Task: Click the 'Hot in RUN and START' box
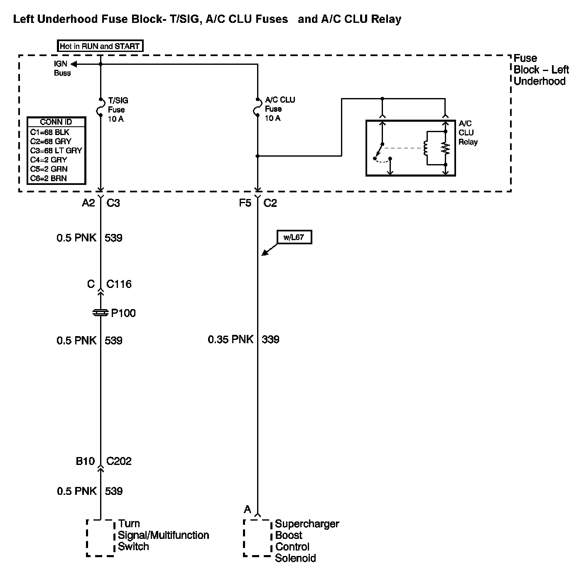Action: coord(100,46)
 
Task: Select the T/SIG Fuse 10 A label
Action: coord(118,110)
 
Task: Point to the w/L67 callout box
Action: coord(294,238)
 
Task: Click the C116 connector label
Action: coord(119,284)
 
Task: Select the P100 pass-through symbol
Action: coord(101,313)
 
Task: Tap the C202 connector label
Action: coord(119,461)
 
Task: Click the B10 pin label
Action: coord(85,461)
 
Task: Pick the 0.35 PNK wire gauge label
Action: coord(231,339)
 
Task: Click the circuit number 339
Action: coord(271,339)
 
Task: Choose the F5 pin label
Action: coord(245,203)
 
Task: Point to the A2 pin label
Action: coord(88,203)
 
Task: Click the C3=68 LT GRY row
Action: coord(56,150)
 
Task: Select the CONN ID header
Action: coord(56,122)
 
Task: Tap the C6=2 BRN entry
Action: coord(49,178)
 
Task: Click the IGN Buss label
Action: coord(62,69)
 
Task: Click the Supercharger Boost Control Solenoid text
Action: coord(307,541)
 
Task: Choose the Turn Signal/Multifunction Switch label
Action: coord(163,535)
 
